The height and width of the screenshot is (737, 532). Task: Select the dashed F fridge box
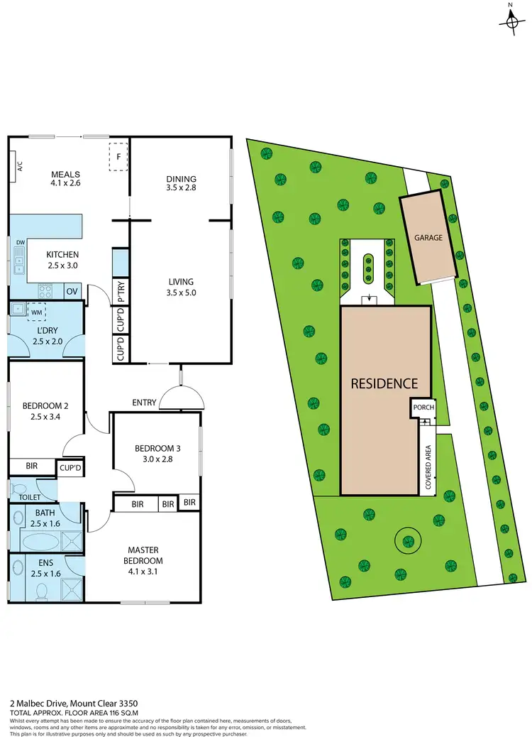point(118,156)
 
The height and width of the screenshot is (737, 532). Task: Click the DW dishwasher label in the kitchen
point(21,243)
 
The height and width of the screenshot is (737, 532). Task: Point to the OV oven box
point(72,291)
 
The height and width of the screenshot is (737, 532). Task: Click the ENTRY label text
point(144,403)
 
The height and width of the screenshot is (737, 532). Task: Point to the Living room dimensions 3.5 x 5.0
point(181,290)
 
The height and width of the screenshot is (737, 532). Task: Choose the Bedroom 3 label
point(158,448)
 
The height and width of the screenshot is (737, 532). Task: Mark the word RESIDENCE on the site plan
point(385,383)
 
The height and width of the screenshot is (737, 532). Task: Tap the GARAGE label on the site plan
point(428,238)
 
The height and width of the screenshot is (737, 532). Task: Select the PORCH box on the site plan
point(423,408)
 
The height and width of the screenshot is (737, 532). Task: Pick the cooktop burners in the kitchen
point(47,290)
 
